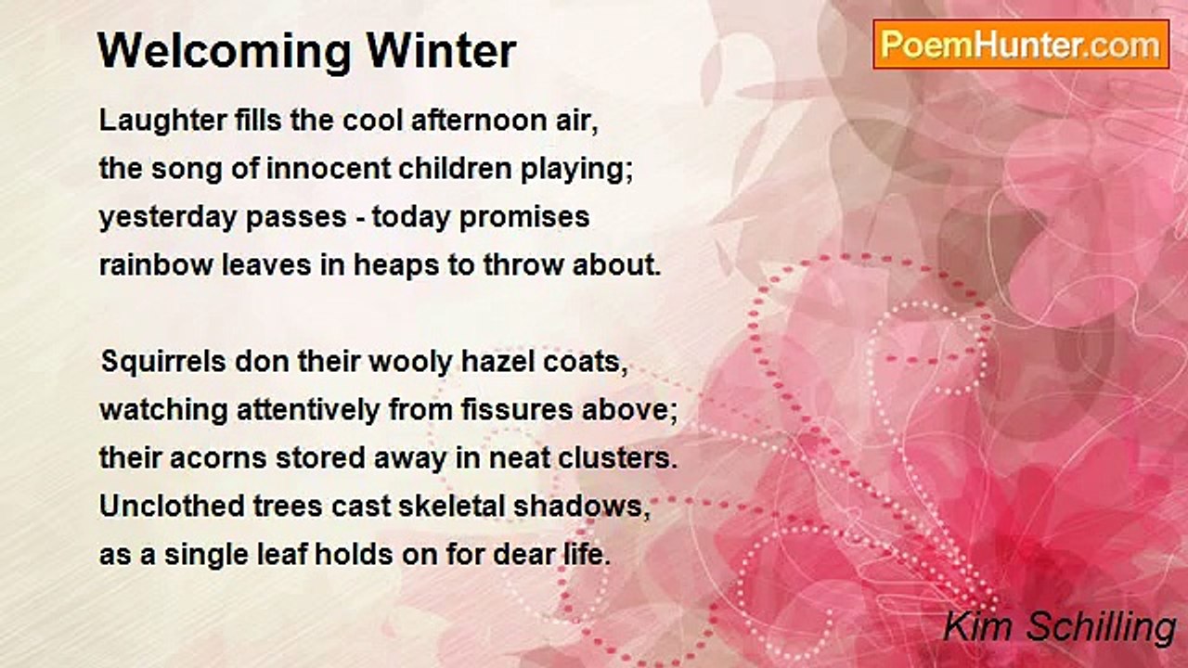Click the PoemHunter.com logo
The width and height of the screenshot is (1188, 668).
click(1021, 45)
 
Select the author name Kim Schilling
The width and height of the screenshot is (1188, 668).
click(1059, 627)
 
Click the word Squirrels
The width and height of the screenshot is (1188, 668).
click(163, 362)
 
